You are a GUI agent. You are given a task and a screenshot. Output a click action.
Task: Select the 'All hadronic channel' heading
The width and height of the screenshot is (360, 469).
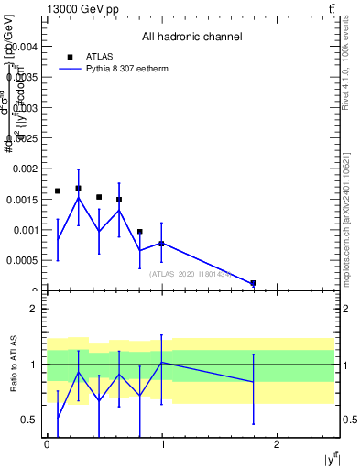191,38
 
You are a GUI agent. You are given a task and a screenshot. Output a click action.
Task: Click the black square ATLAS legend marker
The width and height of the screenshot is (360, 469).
70,56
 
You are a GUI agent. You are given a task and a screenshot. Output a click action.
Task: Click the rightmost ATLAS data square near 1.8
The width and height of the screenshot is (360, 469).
253,283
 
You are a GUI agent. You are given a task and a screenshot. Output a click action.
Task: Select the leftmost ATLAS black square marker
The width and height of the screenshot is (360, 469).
58,191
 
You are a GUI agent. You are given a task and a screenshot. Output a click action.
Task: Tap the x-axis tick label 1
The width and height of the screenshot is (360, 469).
161,444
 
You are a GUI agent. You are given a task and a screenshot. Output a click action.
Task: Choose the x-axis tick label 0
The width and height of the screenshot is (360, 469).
47,444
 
